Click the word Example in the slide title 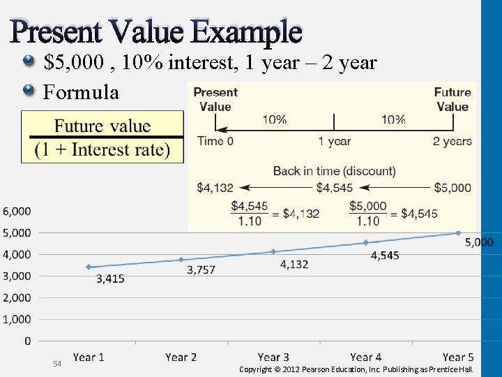pos(246,31)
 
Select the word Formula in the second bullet pos(81,91)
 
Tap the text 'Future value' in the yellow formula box pos(102,126)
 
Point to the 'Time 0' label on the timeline pos(215,141)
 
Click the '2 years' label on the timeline pos(452,141)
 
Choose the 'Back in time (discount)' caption pos(334,171)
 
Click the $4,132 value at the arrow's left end pos(215,188)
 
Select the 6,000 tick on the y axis pos(16,211)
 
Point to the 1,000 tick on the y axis pos(16,319)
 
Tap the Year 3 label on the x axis pos(273,357)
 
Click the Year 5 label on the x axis pos(458,357)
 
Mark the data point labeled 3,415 pos(89,267)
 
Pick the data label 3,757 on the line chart pos(201,270)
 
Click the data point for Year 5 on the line pos(458,233)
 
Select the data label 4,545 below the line pos(385,256)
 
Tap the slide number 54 pos(58,364)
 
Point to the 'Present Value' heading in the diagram pos(215,99)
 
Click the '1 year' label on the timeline pos(334,141)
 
